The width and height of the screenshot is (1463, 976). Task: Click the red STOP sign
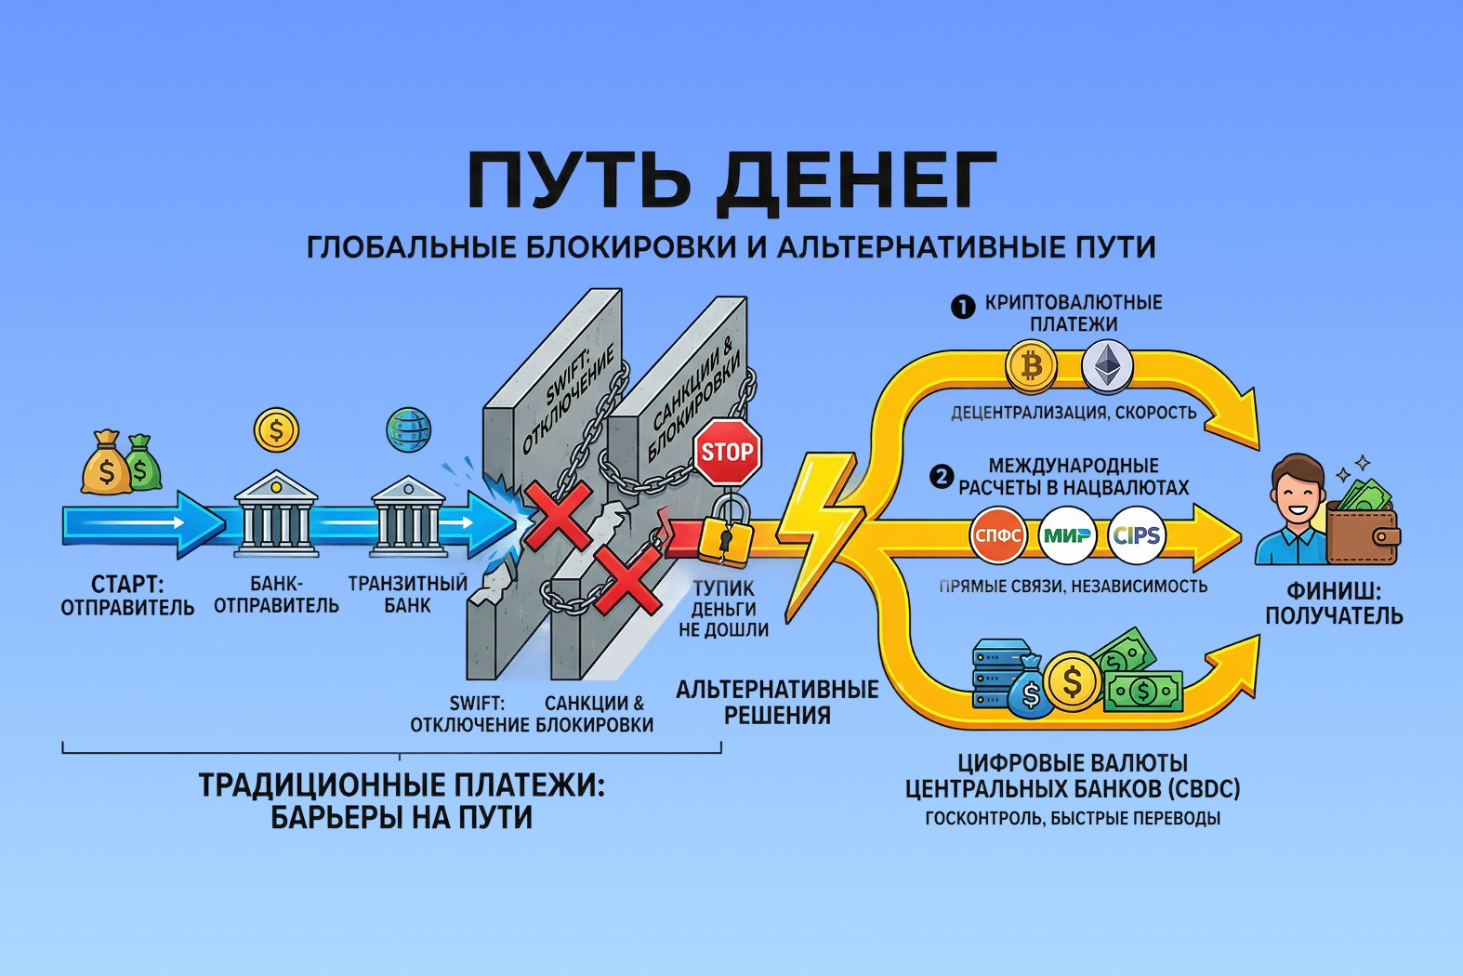[x=727, y=452]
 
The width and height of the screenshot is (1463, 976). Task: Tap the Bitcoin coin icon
[x=1031, y=365]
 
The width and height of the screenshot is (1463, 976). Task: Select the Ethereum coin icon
[x=1106, y=365]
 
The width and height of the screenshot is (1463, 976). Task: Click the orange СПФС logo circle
[x=998, y=535]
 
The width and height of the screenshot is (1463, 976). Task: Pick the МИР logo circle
[x=1067, y=535]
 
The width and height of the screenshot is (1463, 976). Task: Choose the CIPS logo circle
[x=1137, y=535]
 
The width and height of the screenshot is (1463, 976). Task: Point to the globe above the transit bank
[x=408, y=429]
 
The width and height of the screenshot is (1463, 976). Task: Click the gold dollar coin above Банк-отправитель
[x=276, y=430]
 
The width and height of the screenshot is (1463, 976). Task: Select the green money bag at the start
[x=141, y=463]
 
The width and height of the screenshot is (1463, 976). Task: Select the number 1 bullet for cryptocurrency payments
[x=963, y=306]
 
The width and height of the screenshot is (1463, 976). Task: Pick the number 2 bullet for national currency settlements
[x=942, y=478]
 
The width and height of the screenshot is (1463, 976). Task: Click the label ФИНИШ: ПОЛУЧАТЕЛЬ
[x=1333, y=603]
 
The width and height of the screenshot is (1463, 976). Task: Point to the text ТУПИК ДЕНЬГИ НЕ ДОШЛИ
[x=724, y=609]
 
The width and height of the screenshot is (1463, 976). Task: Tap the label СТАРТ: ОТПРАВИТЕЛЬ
[x=127, y=596]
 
